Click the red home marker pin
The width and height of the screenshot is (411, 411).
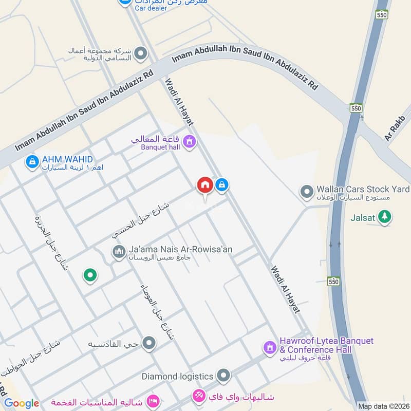(204, 185)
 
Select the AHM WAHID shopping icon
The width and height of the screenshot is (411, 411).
(32, 162)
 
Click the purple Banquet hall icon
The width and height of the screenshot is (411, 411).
(189, 140)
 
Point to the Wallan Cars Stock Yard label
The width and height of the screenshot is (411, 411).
(363, 189)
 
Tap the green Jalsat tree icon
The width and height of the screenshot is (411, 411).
(384, 217)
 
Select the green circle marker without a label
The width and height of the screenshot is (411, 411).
(90, 276)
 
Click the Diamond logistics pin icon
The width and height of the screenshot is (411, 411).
(223, 376)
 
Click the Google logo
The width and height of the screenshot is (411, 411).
(22, 403)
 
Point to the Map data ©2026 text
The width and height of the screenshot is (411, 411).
(383, 406)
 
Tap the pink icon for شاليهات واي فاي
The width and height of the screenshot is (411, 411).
(198, 396)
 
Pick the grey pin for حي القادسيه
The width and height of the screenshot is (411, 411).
(149, 343)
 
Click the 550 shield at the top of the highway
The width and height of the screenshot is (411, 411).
(381, 15)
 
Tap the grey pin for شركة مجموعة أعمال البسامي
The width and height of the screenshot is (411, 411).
(140, 53)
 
